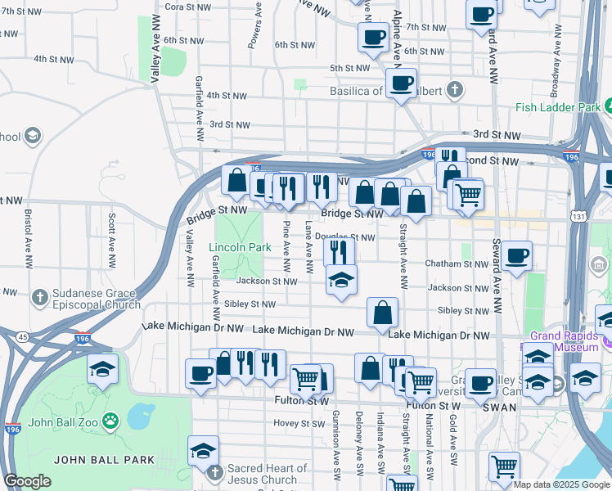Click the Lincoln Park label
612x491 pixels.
pyautogui.click(x=240, y=247)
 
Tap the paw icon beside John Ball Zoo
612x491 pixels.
pyautogui.click(x=110, y=421)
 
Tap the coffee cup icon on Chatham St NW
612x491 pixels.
pyautogui.click(x=516, y=256)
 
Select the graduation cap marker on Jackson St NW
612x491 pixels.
pyautogui.click(x=341, y=280)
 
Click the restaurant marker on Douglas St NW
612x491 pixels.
pyautogui.click(x=340, y=250)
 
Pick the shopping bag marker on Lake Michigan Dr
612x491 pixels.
pyautogui.click(x=382, y=312)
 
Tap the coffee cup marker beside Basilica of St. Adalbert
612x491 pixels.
pyautogui.click(x=400, y=83)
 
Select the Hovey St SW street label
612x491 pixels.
pyautogui.click(x=300, y=423)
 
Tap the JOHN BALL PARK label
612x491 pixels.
pyautogui.click(x=104, y=459)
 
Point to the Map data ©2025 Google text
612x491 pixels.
pyautogui.click(x=561, y=484)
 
